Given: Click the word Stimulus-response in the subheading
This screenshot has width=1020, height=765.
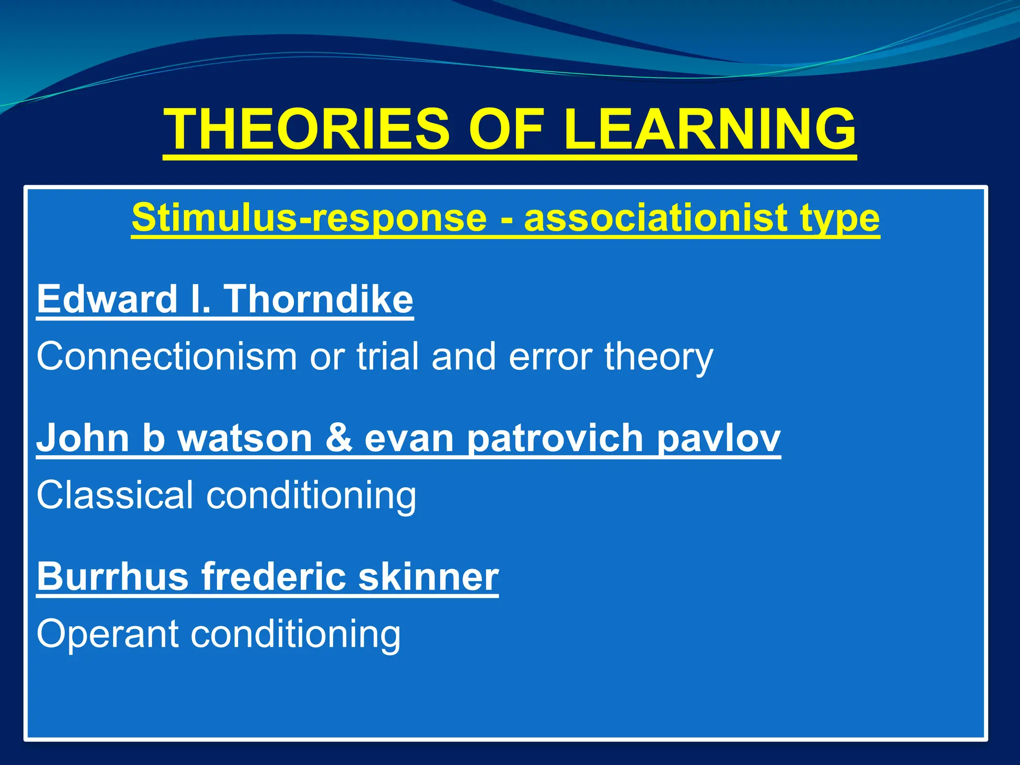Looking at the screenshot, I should tap(309, 218).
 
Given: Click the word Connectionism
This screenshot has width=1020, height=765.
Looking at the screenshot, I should tap(167, 357).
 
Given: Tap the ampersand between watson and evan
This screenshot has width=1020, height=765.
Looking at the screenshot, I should tap(339, 438).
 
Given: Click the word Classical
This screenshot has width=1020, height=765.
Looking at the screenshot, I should tap(115, 495).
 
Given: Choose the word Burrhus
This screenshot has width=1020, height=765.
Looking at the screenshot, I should tap(113, 576).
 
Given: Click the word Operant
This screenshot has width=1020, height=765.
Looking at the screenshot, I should tap(108, 635).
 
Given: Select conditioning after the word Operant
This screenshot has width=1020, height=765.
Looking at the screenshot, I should tap(296, 635).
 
